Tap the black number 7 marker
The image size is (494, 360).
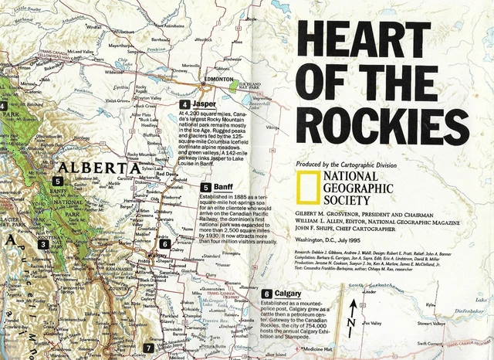click(x=148, y=349)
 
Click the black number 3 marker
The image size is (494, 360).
click(x=44, y=245)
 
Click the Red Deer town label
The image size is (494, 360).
click(x=165, y=174)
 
